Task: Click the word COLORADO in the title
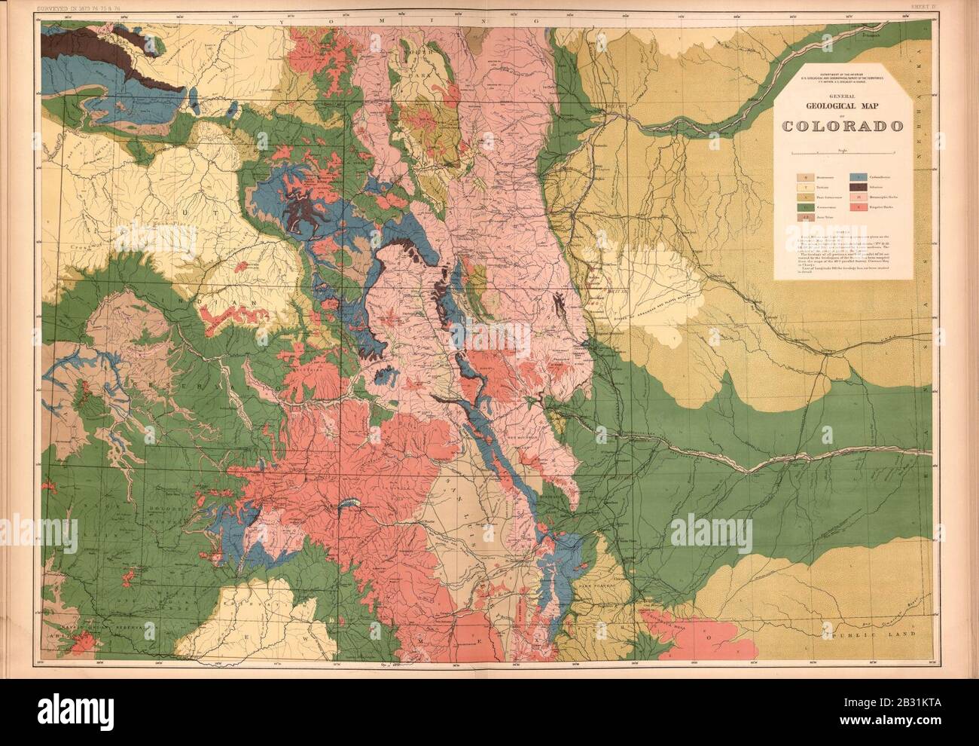[x=843, y=125]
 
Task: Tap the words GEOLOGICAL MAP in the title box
[x=843, y=106]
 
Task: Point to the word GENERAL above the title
[x=843, y=96]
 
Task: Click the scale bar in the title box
[x=843, y=153]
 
